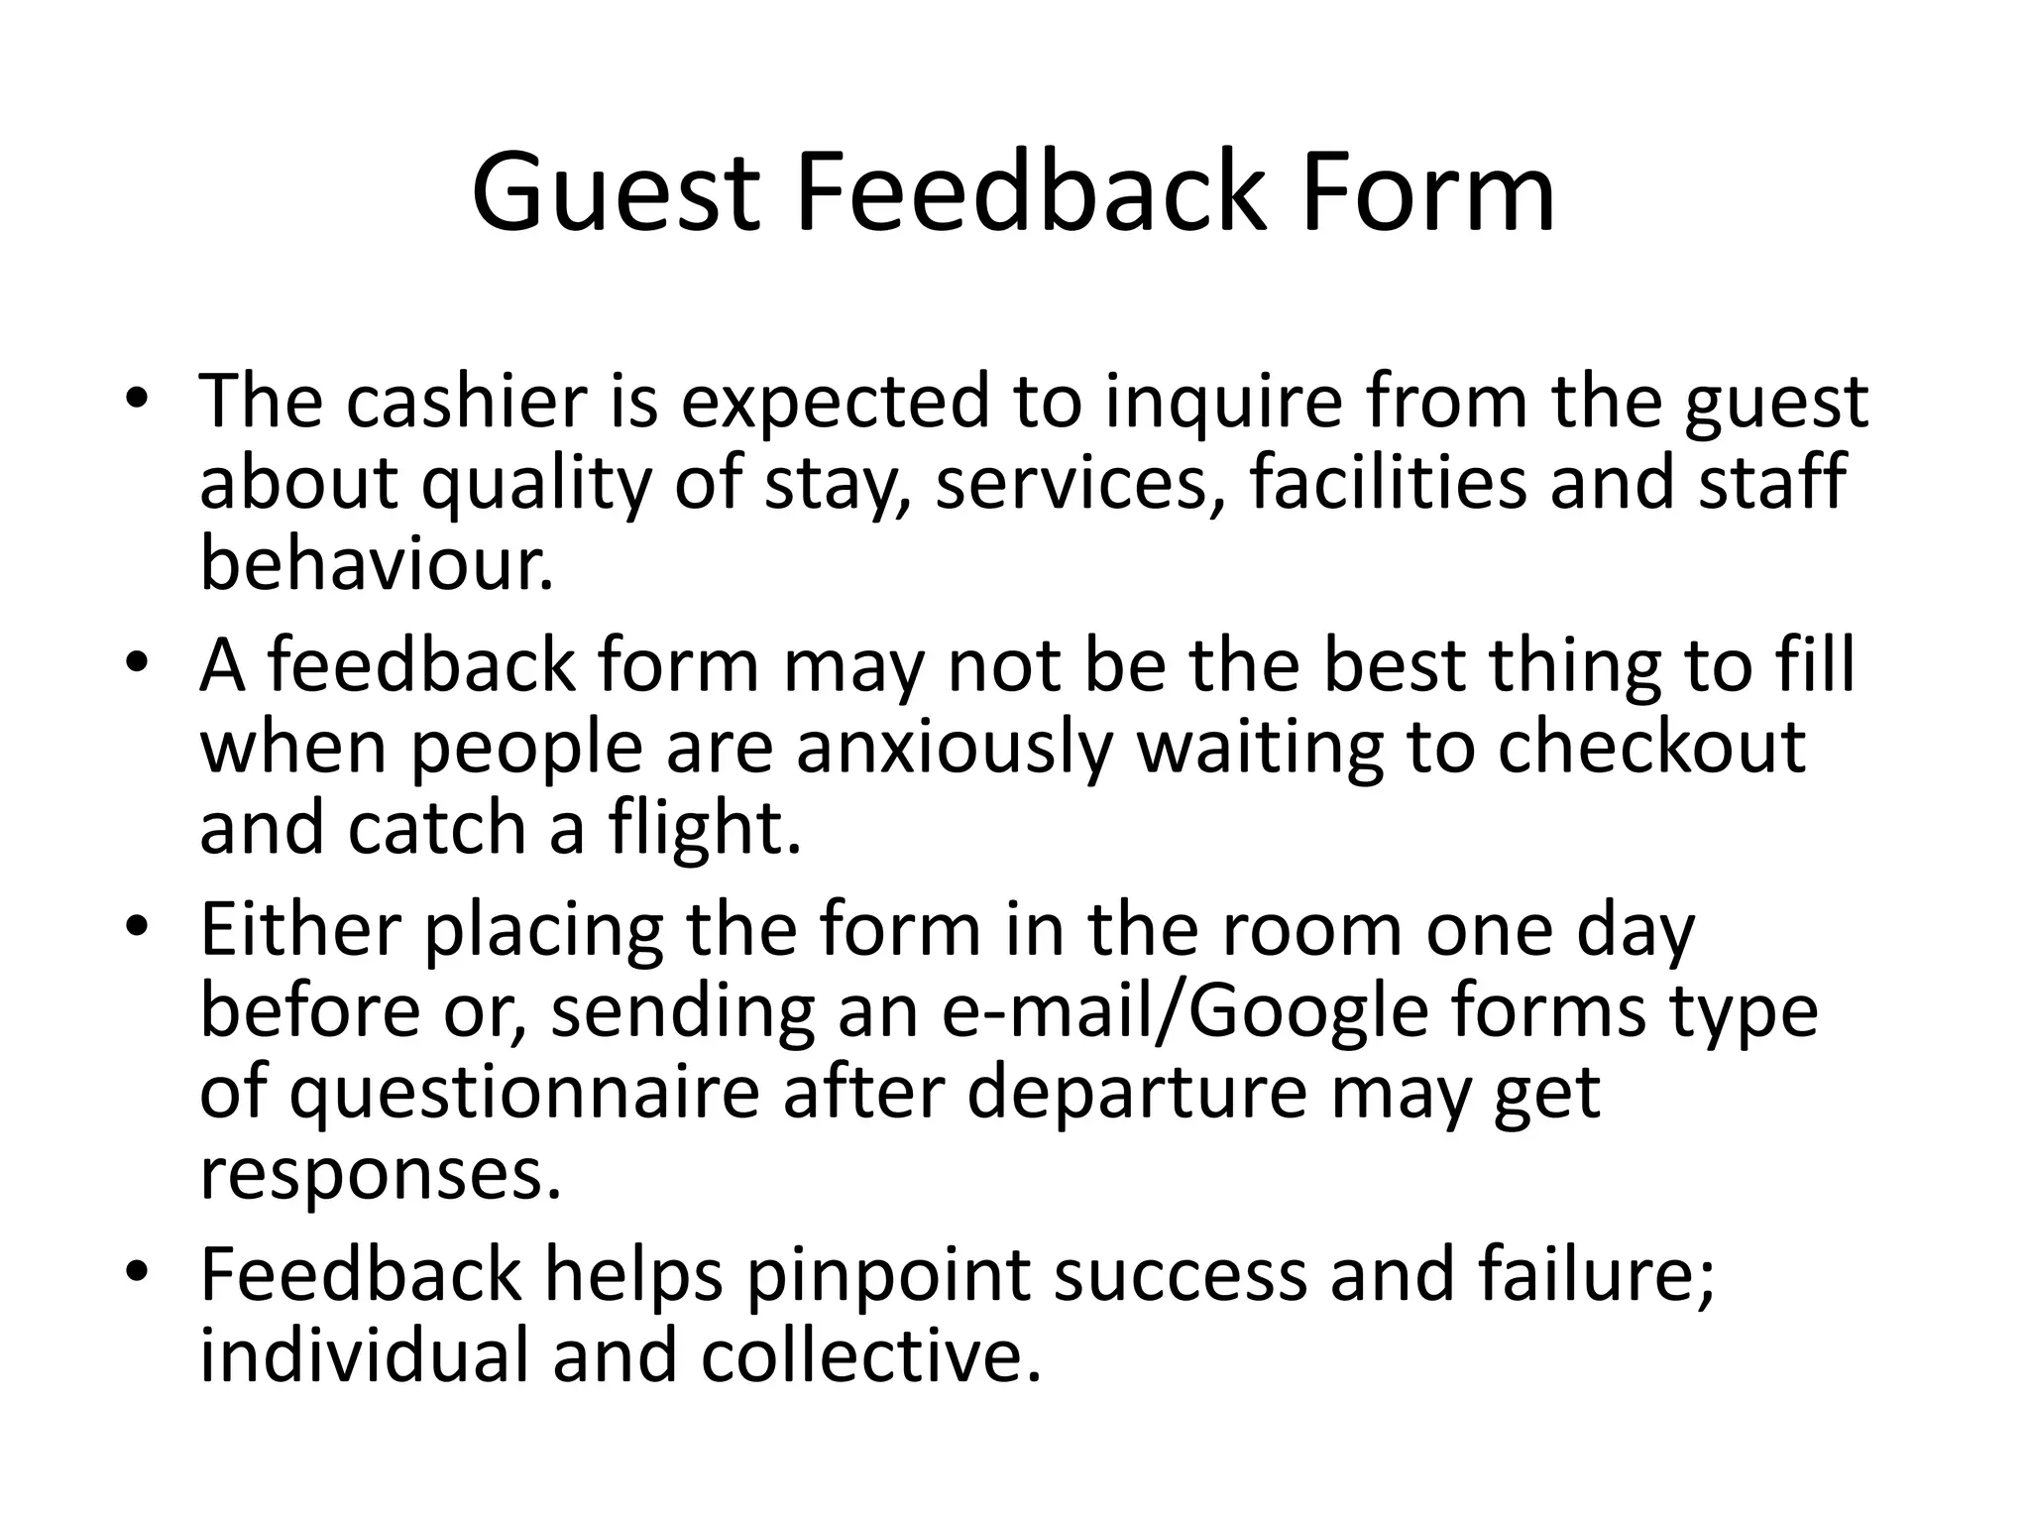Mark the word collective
872,1355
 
